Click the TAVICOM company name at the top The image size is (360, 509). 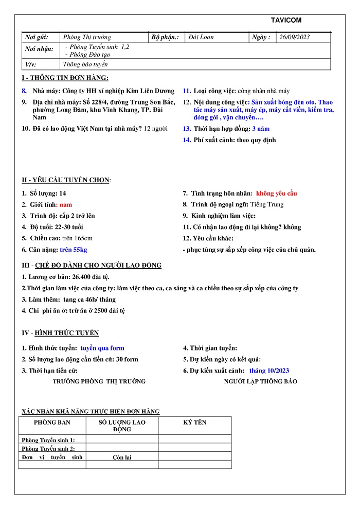tap(286, 20)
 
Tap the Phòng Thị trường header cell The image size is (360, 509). tap(87, 37)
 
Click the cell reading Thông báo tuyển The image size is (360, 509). tap(85, 64)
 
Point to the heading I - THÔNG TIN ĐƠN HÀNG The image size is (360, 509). tap(65, 78)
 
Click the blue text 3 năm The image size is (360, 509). tap(261, 129)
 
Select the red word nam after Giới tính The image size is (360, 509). tap(66, 204)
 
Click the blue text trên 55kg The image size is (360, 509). tap(74, 250)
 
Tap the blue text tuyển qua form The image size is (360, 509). tap(102, 348)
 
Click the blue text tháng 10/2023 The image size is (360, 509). tap(269, 371)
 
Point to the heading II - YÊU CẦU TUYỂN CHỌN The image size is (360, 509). tap(65, 180)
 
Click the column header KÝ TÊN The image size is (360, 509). tap(194, 422)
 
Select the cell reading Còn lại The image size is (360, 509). tap(122, 457)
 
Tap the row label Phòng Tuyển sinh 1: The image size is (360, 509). tap(48, 440)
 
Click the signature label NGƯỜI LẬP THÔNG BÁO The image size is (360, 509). tap(260, 381)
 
